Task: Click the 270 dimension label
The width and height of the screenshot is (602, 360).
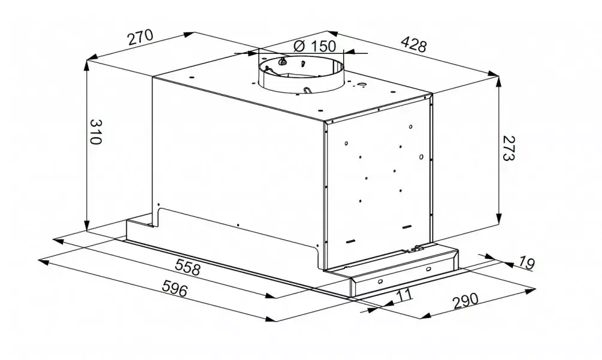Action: click(141, 37)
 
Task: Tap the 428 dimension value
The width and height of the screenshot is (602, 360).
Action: click(414, 44)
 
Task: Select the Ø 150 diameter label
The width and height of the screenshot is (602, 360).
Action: click(314, 46)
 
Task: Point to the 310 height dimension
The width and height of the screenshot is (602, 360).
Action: click(96, 132)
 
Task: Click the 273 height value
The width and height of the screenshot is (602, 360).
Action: click(508, 148)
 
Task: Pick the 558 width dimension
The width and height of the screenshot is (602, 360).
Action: click(187, 267)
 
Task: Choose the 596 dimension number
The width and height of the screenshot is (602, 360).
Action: click(175, 288)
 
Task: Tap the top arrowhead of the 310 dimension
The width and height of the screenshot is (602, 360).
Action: click(87, 66)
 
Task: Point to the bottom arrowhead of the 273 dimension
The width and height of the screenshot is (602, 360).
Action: click(499, 217)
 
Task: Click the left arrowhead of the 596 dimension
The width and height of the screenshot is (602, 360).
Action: click(43, 261)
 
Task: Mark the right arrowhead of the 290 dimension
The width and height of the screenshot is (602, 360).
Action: click(530, 291)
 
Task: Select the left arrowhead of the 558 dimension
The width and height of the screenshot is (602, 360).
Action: click(58, 241)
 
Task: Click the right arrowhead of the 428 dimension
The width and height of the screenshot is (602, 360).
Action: click(494, 73)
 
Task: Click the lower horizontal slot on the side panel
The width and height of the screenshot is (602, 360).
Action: click(350, 242)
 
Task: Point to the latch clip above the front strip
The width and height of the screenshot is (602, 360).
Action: click(416, 249)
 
